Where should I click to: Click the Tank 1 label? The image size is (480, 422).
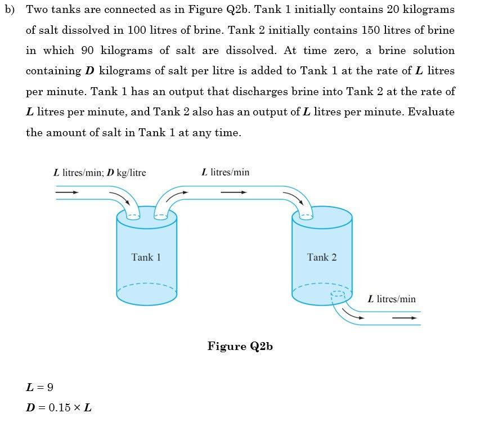pos(146,257)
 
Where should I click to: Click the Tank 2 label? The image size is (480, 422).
pos(322,257)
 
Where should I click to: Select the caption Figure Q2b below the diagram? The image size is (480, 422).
pos(240,346)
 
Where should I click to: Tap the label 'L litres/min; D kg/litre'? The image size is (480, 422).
pos(100,172)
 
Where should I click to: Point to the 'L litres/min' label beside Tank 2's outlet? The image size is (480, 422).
pos(392,299)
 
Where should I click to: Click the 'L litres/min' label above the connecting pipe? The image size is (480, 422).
pos(225,172)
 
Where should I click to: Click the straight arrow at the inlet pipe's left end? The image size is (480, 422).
pos(67,192)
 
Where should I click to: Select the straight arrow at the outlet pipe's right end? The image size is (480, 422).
pos(405,318)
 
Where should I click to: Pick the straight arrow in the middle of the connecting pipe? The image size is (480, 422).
pos(234,192)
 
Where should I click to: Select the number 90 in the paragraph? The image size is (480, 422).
pos(87,51)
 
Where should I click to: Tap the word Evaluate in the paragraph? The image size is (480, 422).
pos(431,111)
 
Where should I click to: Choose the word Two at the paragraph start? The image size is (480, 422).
pos(37,10)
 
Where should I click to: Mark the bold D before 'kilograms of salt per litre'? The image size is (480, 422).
pos(89,71)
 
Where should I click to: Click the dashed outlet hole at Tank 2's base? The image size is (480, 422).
pos(338,294)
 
